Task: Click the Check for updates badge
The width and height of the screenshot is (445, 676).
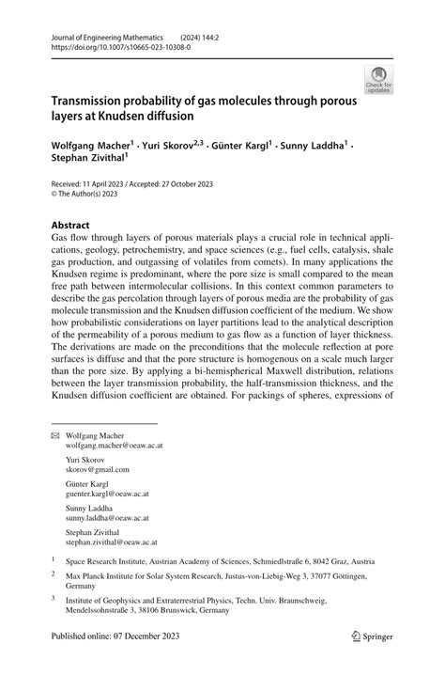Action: pyautogui.click(x=378, y=79)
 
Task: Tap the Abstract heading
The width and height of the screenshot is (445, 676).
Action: pyautogui.click(x=70, y=226)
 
